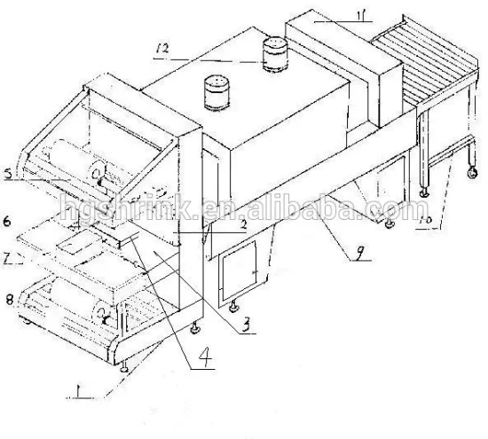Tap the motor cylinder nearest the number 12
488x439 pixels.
pos(273,53)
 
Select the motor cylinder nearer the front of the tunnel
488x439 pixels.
pos(216,91)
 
